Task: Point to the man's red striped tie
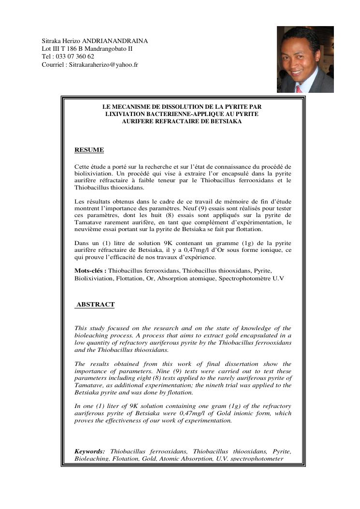(x=299, y=89)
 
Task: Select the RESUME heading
(x=89, y=150)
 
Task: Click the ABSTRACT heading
(x=96, y=305)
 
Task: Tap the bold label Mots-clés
(x=90, y=270)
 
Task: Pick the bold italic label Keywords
(x=89, y=451)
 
